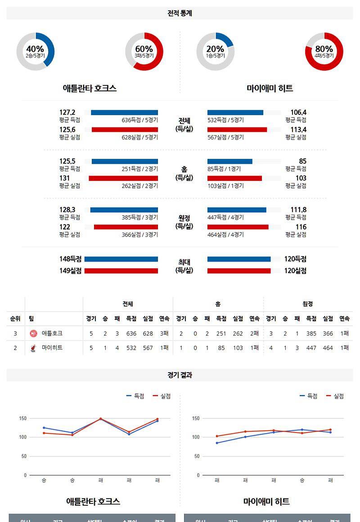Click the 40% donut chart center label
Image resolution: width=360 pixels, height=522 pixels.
(x=35, y=51)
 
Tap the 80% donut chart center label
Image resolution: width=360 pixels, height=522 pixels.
(x=324, y=51)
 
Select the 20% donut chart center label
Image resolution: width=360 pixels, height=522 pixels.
(x=215, y=51)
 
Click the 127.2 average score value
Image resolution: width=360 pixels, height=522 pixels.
(x=67, y=112)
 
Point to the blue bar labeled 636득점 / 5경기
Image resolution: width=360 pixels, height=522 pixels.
(x=124, y=112)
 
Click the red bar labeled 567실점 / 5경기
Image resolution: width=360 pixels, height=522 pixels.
(x=237, y=130)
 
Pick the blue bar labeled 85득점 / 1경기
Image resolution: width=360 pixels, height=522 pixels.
(x=230, y=161)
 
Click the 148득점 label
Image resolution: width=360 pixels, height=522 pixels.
(x=71, y=259)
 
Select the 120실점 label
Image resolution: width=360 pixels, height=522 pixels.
(x=296, y=271)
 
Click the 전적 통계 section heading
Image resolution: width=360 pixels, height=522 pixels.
(x=180, y=13)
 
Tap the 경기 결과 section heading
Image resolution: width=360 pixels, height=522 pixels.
(x=180, y=375)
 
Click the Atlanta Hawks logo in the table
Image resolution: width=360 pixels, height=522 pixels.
(x=33, y=333)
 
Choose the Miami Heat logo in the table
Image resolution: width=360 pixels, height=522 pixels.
(x=33, y=348)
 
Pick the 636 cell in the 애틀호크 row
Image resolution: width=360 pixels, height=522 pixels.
(x=131, y=333)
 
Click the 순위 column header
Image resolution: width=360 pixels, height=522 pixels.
(x=15, y=319)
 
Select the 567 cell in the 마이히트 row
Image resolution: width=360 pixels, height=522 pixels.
(x=147, y=348)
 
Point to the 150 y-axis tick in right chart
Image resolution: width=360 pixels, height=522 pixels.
(x=195, y=418)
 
